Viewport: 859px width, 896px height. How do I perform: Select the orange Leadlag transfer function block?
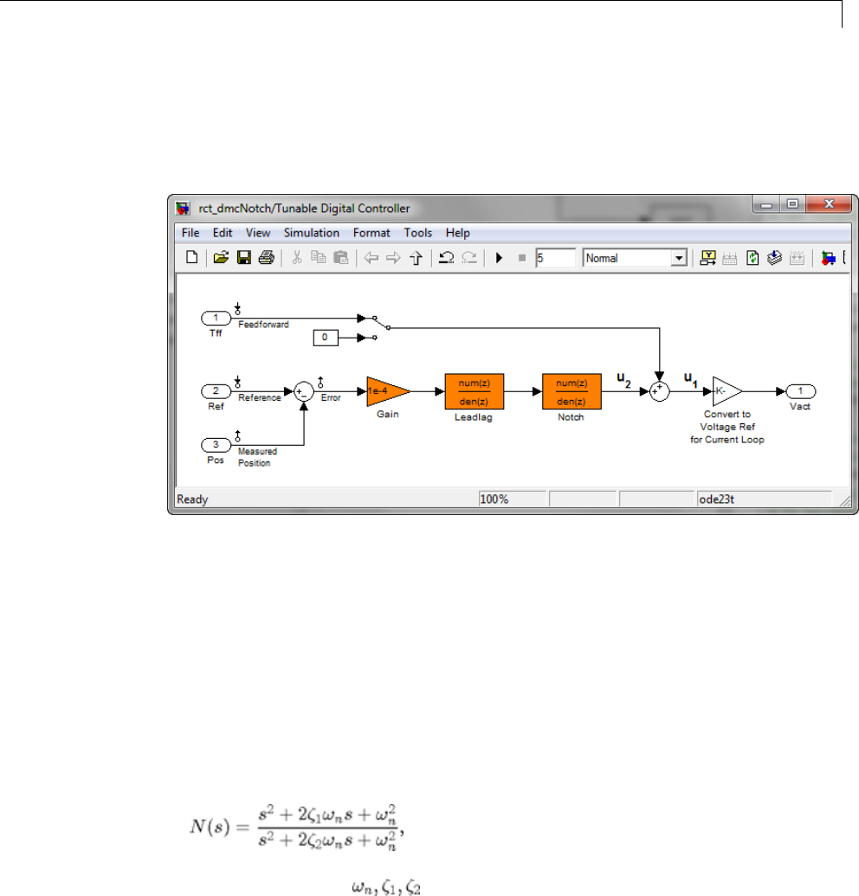[x=474, y=391]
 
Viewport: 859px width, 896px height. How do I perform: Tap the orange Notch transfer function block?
[x=571, y=391]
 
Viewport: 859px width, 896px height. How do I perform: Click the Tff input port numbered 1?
[x=216, y=319]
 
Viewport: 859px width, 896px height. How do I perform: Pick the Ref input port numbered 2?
[x=216, y=391]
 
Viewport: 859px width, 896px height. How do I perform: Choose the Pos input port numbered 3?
[x=216, y=445]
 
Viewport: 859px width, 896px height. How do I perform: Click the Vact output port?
[x=801, y=391]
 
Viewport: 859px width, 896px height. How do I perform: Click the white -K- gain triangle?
[x=726, y=391]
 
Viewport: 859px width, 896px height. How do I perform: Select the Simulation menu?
[x=311, y=233]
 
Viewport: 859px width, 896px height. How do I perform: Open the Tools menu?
[x=417, y=233]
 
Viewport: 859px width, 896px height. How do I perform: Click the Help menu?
[x=457, y=233]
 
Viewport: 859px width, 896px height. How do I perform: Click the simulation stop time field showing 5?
[x=555, y=257]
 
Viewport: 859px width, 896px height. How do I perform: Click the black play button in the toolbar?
[x=499, y=257]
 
